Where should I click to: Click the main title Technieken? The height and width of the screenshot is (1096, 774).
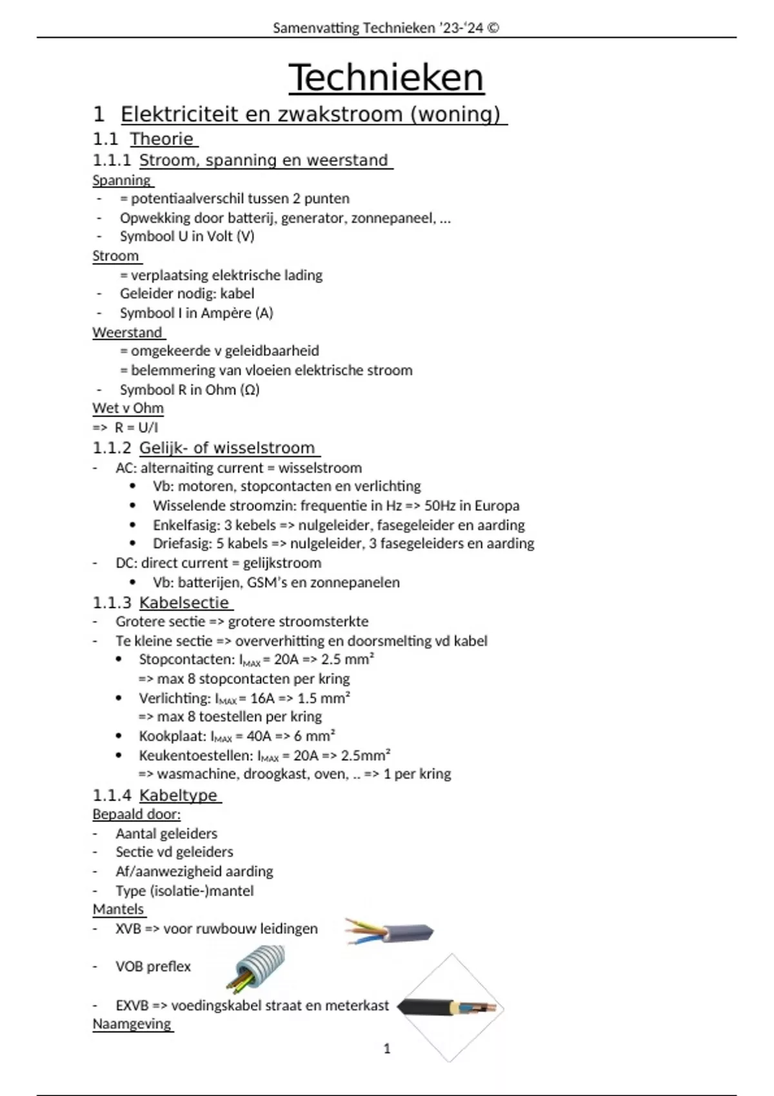tap(386, 78)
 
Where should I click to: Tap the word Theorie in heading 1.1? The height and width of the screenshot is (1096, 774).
tap(162, 139)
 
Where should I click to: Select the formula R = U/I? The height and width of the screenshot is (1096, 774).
tap(136, 427)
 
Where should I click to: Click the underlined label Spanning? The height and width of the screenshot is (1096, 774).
tap(121, 181)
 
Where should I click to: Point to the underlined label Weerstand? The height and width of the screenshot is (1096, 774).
tap(127, 333)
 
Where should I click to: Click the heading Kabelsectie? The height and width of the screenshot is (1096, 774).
tap(184, 603)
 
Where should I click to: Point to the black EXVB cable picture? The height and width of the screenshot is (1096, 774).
tap(450, 1008)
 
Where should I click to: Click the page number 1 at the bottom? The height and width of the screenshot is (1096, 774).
tap(387, 1049)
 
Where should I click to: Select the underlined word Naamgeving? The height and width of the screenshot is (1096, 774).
tap(132, 1024)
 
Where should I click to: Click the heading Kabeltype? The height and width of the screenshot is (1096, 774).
tap(178, 796)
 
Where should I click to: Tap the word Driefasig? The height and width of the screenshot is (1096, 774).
tap(182, 543)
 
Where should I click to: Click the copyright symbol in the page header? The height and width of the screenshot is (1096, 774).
tap(493, 28)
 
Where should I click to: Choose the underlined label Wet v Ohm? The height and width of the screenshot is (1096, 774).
tap(128, 409)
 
